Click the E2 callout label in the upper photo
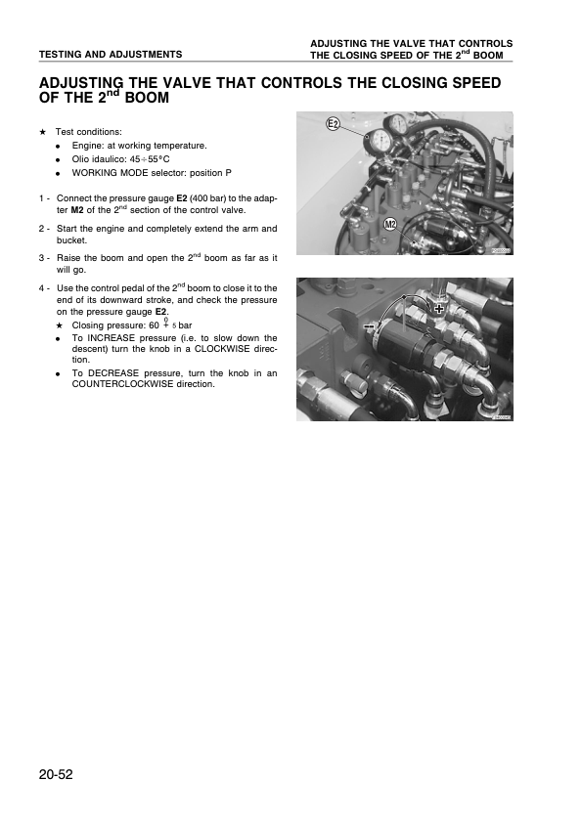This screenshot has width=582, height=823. click(333, 124)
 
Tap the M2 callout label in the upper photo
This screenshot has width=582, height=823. click(390, 225)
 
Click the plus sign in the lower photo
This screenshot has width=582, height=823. click(439, 308)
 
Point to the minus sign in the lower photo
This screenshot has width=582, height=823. click(368, 328)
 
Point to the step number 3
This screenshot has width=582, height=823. click(42, 258)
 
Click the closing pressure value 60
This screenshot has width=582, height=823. click(153, 325)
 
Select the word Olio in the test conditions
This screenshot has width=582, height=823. click(81, 158)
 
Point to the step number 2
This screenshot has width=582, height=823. click(42, 229)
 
